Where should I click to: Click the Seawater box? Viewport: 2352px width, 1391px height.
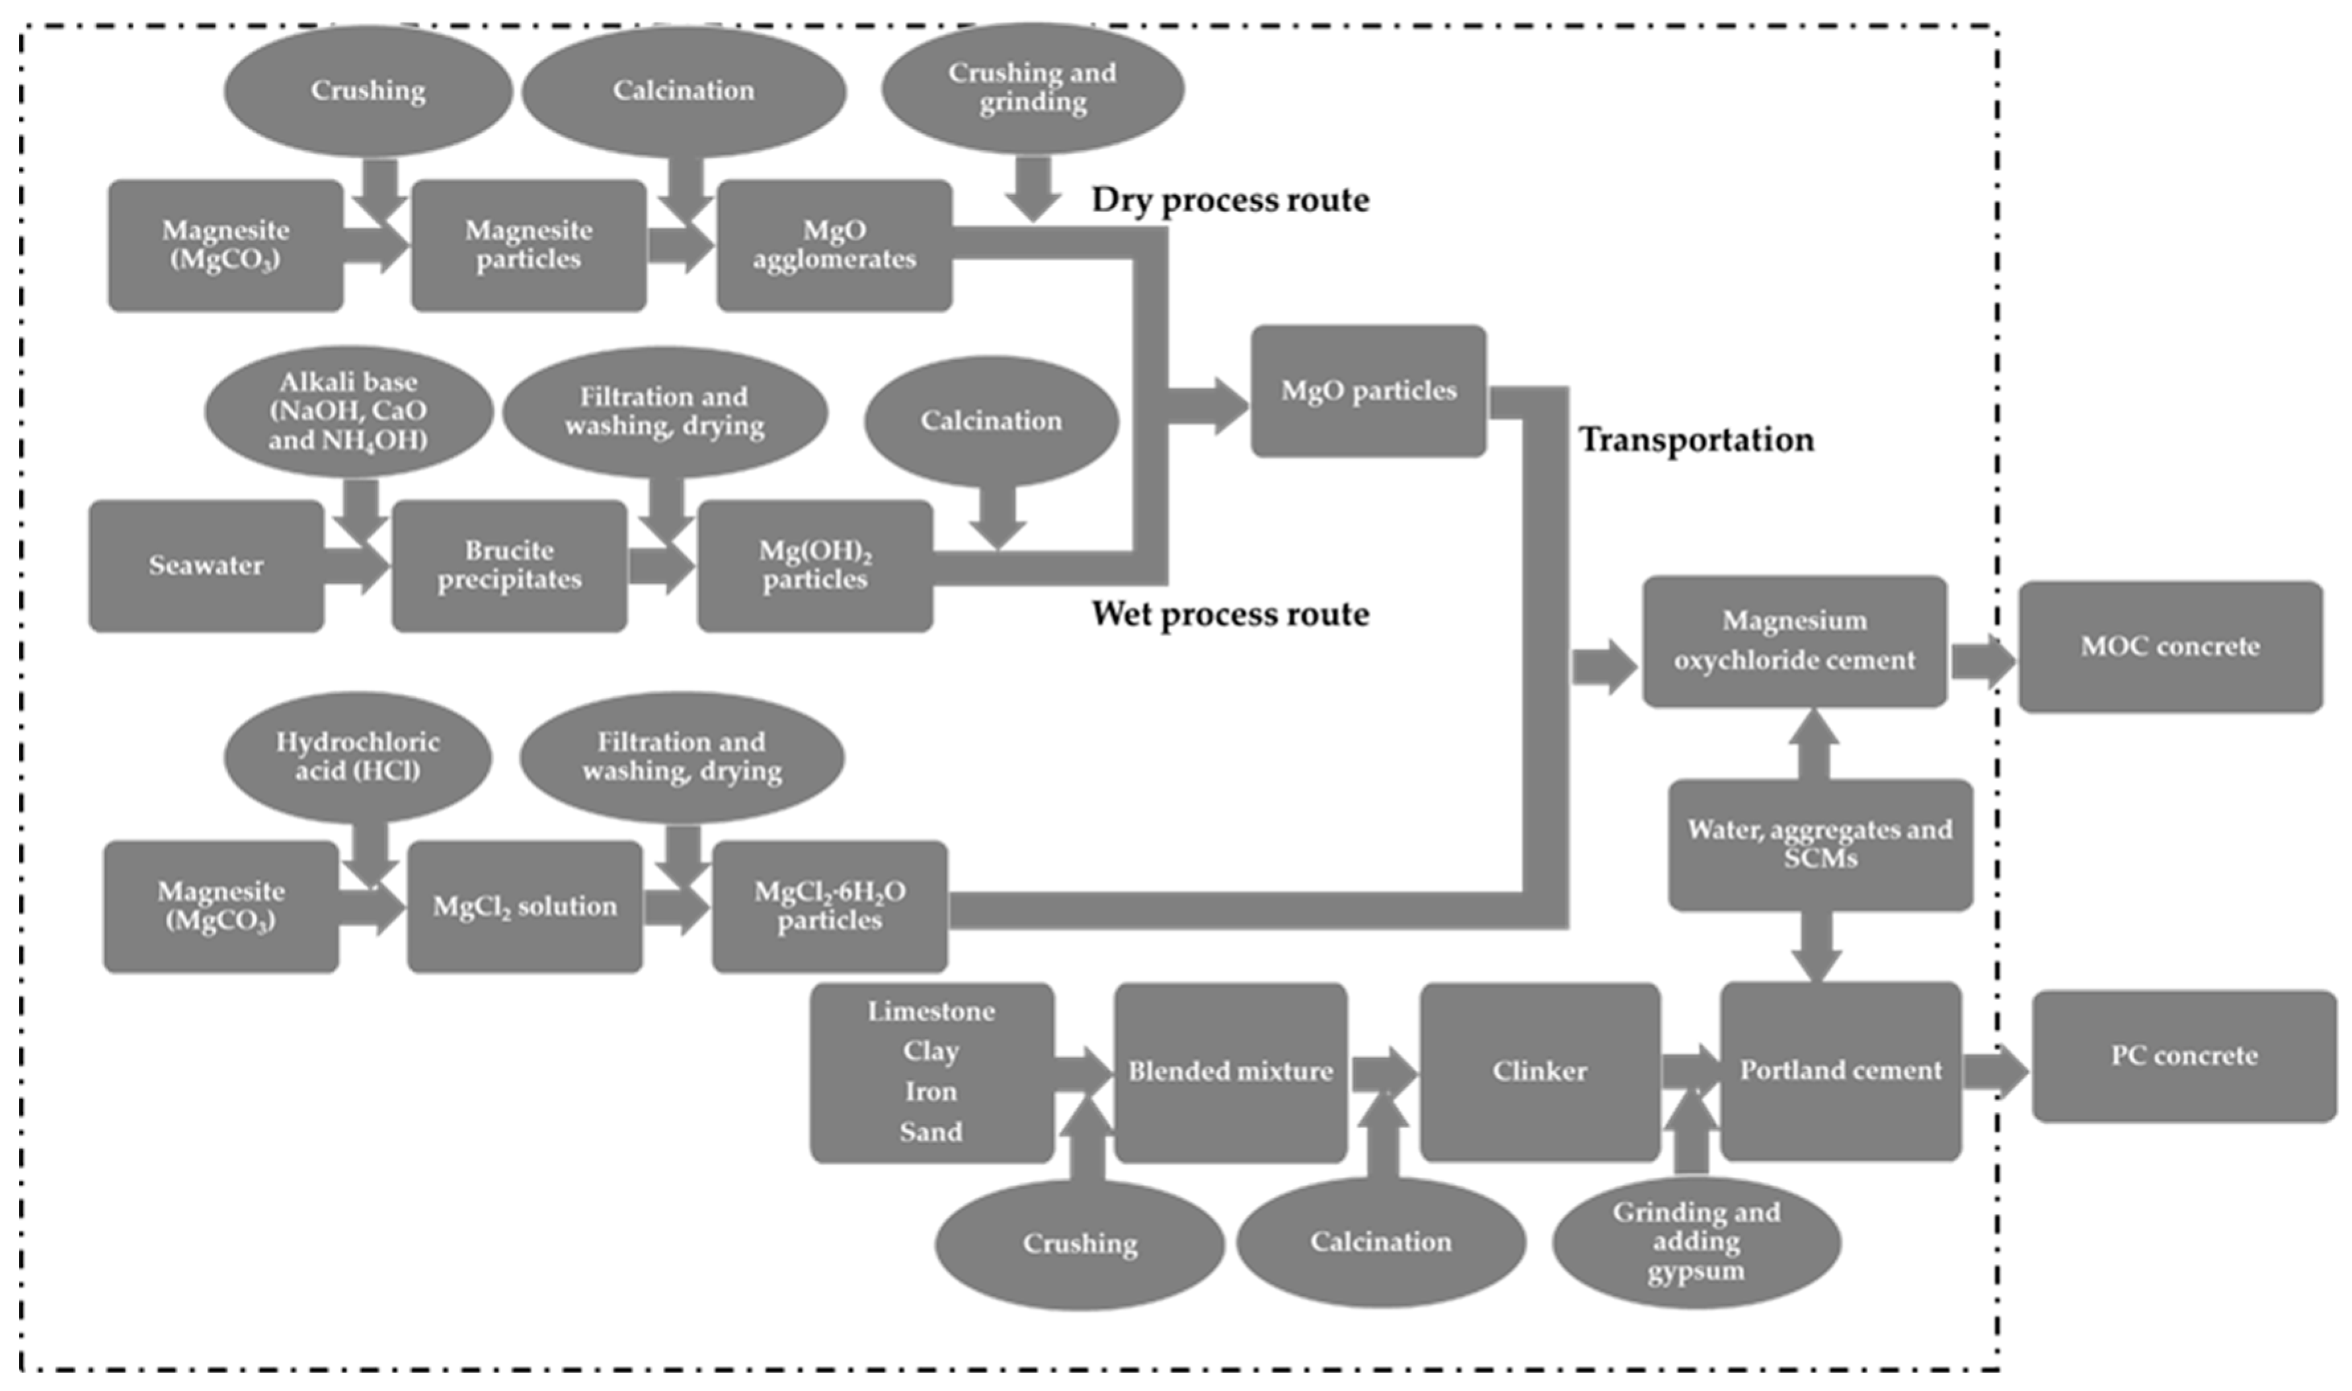tap(206, 565)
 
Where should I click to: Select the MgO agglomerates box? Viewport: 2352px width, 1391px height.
tap(834, 246)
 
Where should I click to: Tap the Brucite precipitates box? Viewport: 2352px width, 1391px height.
tap(509, 565)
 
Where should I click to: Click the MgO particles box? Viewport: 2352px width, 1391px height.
tap(1368, 391)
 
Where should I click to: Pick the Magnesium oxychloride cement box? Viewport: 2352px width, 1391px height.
tap(1793, 641)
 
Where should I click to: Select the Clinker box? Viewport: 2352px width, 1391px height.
tap(1540, 1071)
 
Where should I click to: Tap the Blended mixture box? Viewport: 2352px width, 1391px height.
tap(1230, 1071)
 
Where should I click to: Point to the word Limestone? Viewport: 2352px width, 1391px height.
tap(931, 1012)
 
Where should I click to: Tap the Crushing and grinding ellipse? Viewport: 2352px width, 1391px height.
tap(1032, 87)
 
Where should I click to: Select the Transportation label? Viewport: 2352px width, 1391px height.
tap(1696, 439)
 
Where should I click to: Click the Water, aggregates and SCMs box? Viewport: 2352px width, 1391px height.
tap(1820, 844)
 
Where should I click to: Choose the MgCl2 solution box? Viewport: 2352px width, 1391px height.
tap(524, 907)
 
